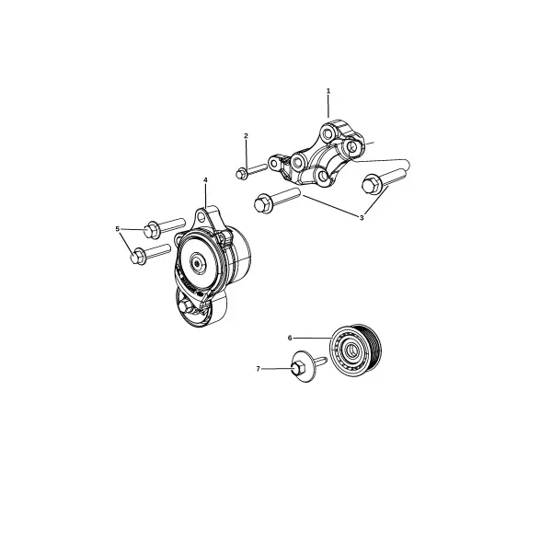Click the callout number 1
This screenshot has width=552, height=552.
tap(328, 91)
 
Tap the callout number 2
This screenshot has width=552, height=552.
tap(246, 135)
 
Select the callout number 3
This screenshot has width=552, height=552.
tap(362, 218)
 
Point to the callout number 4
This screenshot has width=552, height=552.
tap(205, 180)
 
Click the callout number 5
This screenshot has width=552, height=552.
tap(118, 229)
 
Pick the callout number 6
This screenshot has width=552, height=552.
tap(290, 338)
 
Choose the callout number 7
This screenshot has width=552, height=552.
tap(258, 369)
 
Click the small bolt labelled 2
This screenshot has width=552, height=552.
tap(251, 171)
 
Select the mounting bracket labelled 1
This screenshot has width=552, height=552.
tap(316, 154)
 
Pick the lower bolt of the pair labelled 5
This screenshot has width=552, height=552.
tap(150, 254)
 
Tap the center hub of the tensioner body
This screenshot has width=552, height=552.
tap(196, 263)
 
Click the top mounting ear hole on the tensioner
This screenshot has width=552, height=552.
tap(201, 216)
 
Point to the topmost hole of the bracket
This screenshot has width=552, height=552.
tap(328, 133)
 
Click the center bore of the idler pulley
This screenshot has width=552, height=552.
tap(351, 350)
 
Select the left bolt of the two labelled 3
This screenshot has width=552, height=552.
tap(277, 200)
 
